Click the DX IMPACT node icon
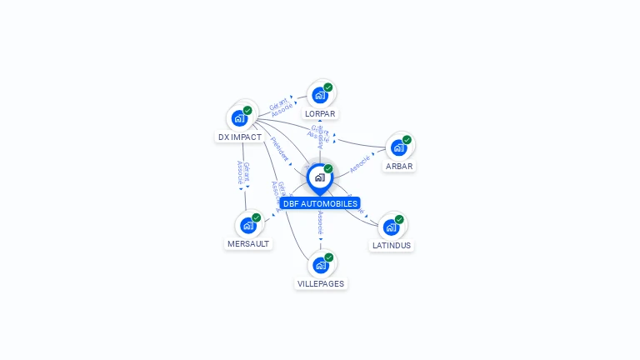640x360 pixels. (x=240, y=117)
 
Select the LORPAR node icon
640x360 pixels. (x=320, y=94)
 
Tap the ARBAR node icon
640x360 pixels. (x=398, y=147)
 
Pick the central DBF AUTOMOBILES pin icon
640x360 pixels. (x=319, y=177)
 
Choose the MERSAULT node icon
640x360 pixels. (x=248, y=225)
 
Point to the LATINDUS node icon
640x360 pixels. (x=391, y=227)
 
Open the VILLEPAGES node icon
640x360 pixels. (x=320, y=265)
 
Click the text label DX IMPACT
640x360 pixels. (x=240, y=137)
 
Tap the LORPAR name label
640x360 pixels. (x=321, y=113)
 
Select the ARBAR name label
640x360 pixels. (x=399, y=167)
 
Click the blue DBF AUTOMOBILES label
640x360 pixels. (x=320, y=203)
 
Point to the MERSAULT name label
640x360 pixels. (x=248, y=244)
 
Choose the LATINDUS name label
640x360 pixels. (x=392, y=246)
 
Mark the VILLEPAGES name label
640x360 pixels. (x=321, y=284)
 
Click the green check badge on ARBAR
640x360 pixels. (x=407, y=140)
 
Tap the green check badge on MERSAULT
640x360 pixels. (x=256, y=217)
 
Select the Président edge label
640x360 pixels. (x=280, y=149)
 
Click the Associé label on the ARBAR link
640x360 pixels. (x=360, y=162)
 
